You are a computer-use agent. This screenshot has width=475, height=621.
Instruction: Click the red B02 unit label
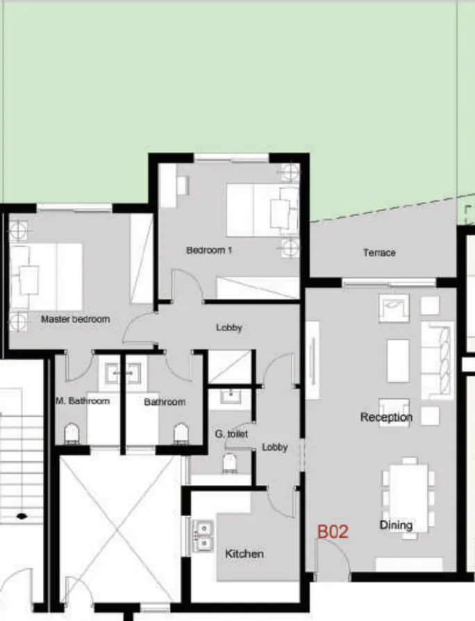click(333, 532)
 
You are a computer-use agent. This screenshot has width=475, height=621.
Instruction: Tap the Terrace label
click(379, 253)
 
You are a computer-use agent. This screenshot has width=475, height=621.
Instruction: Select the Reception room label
click(386, 417)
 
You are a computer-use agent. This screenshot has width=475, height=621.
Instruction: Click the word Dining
click(397, 525)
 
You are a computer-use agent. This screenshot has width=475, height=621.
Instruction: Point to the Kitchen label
click(244, 554)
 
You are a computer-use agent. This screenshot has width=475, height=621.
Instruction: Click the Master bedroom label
click(75, 320)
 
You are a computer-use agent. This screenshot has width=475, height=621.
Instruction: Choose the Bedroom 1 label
click(209, 250)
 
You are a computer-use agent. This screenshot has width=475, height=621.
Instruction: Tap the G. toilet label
click(231, 434)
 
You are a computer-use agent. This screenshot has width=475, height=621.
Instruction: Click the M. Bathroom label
click(83, 401)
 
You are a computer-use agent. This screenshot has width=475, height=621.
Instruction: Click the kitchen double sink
click(203, 536)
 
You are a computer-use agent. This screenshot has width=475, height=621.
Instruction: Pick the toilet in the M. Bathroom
click(72, 433)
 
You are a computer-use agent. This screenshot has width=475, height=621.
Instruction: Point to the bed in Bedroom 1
click(261, 210)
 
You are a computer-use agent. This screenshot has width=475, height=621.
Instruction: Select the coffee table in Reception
click(398, 361)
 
